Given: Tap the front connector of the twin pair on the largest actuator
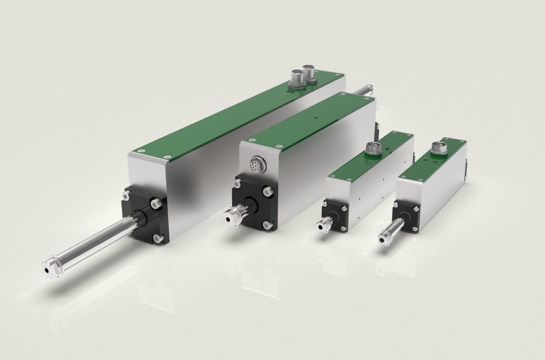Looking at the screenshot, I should point(295,78).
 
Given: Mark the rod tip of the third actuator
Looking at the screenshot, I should point(323,227).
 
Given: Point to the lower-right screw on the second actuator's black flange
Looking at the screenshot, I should point(267,225).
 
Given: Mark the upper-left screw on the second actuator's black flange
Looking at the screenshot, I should point(236,185).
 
